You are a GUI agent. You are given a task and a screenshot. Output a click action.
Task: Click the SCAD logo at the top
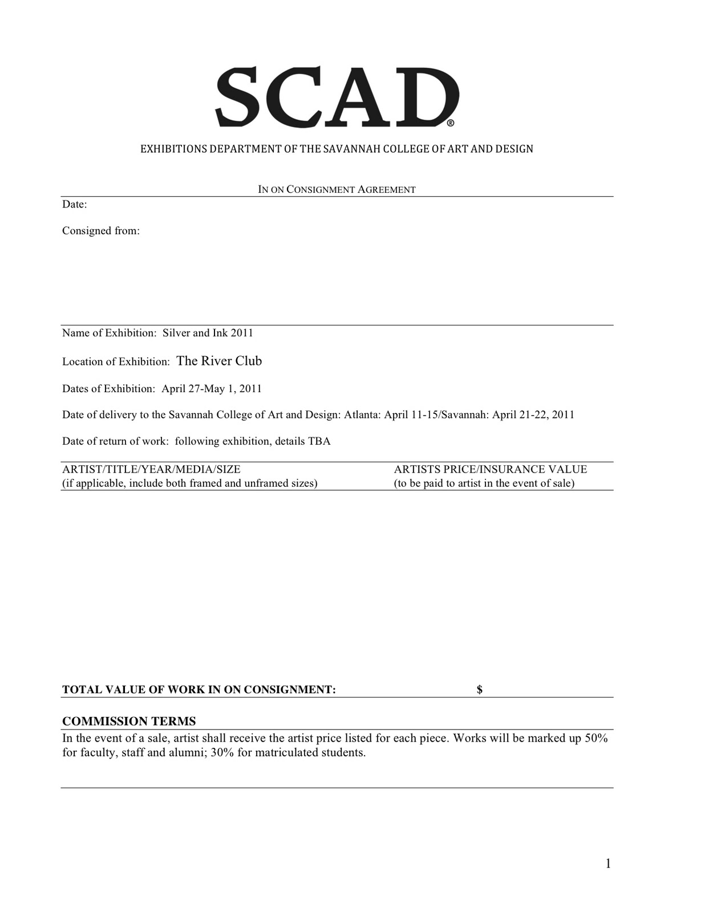[337, 97]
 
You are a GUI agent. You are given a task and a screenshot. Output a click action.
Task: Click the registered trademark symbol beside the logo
[451, 123]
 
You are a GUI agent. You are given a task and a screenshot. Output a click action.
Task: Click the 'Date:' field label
[75, 205]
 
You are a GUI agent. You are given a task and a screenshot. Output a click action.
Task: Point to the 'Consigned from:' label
[101, 231]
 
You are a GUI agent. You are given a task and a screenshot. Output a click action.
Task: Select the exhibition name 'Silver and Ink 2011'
[208, 333]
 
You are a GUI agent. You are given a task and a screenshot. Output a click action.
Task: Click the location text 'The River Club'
[219, 361]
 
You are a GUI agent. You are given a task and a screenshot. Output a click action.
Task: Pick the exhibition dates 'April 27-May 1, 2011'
[212, 389]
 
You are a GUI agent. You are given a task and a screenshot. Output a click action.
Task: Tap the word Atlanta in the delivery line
[361, 414]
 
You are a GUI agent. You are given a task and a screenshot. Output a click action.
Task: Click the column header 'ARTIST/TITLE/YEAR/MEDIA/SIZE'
[151, 469]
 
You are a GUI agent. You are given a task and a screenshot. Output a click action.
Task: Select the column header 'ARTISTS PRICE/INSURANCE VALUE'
[490, 469]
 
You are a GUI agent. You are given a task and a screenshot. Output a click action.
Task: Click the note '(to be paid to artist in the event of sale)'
[484, 483]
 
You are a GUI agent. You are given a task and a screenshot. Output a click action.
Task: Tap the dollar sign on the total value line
[480, 690]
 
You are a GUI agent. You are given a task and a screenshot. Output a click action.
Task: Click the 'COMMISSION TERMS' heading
[129, 721]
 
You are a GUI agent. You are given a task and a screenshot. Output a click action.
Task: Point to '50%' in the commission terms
[596, 738]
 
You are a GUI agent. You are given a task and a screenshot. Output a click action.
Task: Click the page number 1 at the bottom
[608, 864]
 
